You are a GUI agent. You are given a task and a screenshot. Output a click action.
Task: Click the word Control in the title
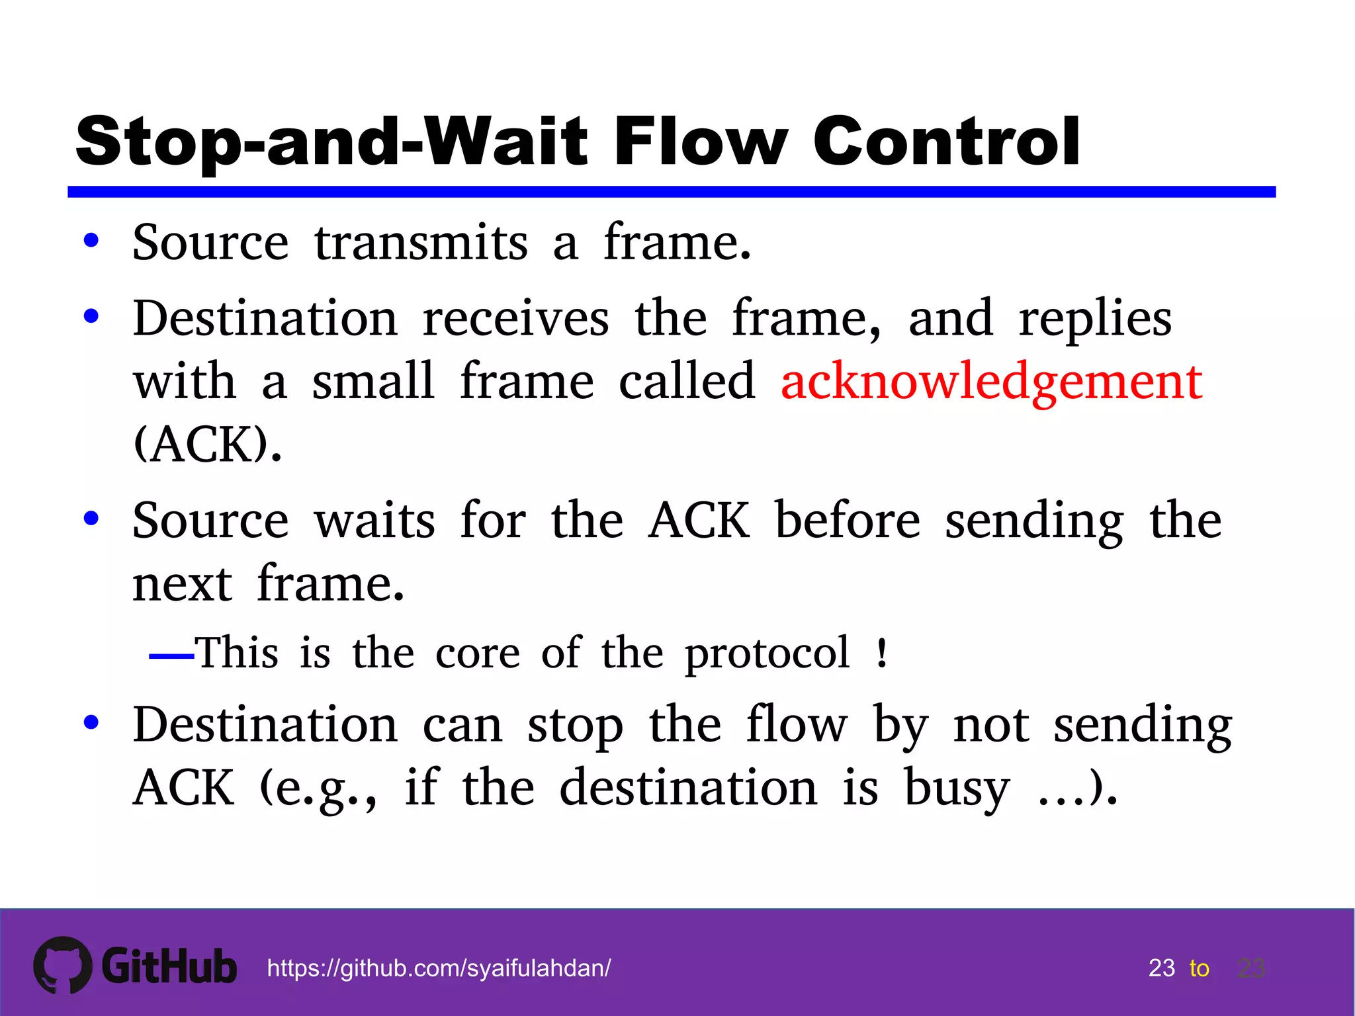tap(946, 142)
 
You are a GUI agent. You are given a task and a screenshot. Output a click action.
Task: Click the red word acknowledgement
tap(991, 382)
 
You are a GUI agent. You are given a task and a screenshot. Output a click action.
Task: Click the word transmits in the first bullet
tap(421, 243)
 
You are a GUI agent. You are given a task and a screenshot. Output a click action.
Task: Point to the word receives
tap(515, 319)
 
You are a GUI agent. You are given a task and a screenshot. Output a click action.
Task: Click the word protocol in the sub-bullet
tap(767, 654)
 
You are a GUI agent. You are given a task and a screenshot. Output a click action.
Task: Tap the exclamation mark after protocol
tap(881, 654)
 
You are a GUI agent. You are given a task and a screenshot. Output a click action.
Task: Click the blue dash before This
tap(171, 656)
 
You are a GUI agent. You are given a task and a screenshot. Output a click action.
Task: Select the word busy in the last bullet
tap(957, 788)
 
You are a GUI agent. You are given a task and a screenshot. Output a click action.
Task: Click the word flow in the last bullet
tap(797, 725)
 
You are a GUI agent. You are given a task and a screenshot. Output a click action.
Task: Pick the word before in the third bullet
tap(848, 521)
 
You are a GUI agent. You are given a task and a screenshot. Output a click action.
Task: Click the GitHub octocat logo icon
tap(63, 965)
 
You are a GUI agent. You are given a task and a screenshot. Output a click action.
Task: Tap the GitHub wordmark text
tap(169, 967)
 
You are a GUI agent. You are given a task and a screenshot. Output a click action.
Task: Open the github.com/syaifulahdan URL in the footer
tap(439, 968)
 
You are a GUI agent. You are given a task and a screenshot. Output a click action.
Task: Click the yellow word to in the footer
tap(1199, 969)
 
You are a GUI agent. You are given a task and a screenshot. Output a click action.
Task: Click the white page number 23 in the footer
tap(1161, 968)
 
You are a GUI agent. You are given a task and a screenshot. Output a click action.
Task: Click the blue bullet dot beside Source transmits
tap(91, 241)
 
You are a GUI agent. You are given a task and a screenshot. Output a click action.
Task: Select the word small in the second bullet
tap(373, 382)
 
